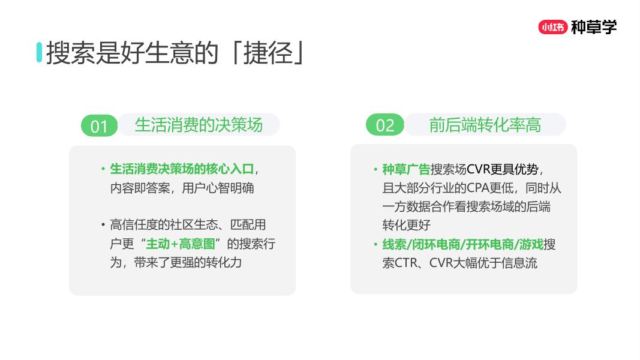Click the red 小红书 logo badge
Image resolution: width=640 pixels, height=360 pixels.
[552, 27]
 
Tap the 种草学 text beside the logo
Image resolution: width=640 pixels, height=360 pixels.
[594, 27]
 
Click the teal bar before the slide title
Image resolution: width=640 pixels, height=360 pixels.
[40, 52]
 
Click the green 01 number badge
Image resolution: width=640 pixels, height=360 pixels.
[99, 125]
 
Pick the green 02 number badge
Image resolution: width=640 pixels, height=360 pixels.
[385, 125]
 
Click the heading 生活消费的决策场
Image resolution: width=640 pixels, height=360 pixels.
[199, 125]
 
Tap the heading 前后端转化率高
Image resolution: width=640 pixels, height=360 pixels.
[485, 125]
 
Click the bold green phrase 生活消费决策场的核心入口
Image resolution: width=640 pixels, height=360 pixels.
[182, 169]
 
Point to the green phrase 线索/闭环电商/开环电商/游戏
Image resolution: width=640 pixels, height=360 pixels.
[462, 244]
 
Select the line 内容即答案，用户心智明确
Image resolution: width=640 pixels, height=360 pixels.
[182, 188]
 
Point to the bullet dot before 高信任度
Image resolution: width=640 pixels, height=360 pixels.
[103, 226]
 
